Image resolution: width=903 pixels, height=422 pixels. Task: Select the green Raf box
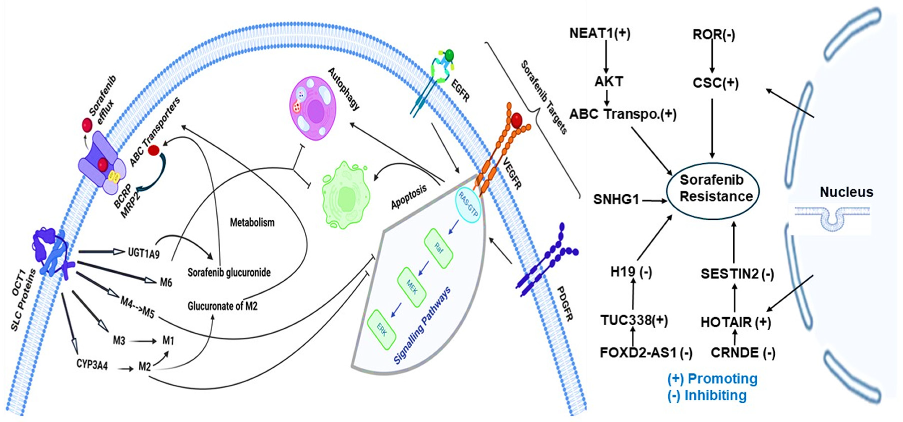click(438, 248)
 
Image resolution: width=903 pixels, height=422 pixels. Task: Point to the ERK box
click(382, 329)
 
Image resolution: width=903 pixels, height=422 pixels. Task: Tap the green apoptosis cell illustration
click(345, 196)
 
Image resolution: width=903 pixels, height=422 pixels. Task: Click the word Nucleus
click(846, 192)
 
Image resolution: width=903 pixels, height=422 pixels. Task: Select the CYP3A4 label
click(92, 364)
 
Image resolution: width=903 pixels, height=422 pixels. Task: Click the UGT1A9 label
click(144, 252)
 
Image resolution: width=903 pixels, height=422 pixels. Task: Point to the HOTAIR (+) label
click(736, 322)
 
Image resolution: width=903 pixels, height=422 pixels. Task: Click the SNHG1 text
click(616, 200)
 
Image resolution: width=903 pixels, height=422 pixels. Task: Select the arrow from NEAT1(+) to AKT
click(606, 56)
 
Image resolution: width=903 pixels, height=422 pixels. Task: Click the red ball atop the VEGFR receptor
click(516, 120)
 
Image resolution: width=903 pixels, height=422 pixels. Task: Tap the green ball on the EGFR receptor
click(449, 55)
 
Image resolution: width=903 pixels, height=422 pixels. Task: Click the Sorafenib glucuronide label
click(229, 272)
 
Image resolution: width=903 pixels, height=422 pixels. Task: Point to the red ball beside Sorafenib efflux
click(87, 125)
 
